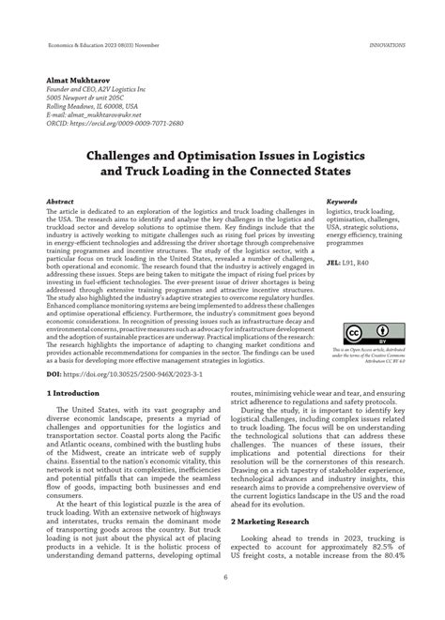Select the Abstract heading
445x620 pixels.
62,201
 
